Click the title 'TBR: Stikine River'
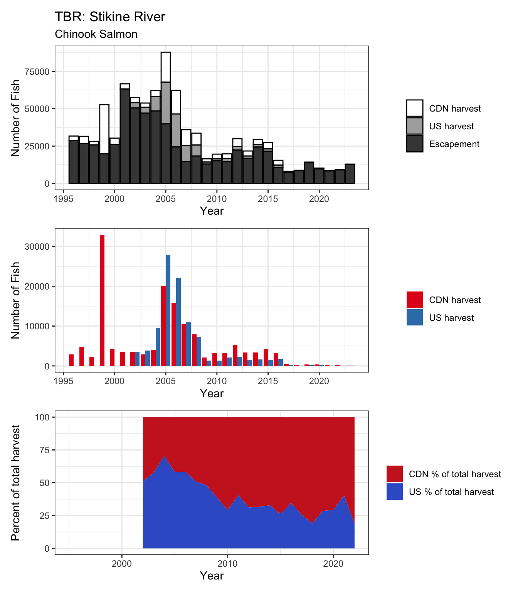tap(110, 17)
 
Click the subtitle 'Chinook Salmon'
tap(96, 34)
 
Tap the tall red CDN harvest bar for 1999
tap(102, 300)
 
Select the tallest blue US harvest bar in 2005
tap(168, 310)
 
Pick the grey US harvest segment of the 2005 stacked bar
tap(166, 103)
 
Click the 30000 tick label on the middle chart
tap(37, 247)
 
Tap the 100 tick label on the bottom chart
tap(42, 417)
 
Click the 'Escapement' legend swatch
tap(414, 144)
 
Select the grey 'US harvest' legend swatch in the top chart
tap(414, 126)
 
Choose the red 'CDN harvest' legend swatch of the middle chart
tap(414, 300)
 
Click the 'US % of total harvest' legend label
tap(451, 492)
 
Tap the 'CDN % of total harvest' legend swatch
tap(394, 474)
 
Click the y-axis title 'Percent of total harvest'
tap(15, 483)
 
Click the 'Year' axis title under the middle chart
tap(212, 393)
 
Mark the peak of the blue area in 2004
tap(164, 456)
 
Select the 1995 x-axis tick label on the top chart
tap(63, 199)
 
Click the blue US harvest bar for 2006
tap(178, 322)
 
